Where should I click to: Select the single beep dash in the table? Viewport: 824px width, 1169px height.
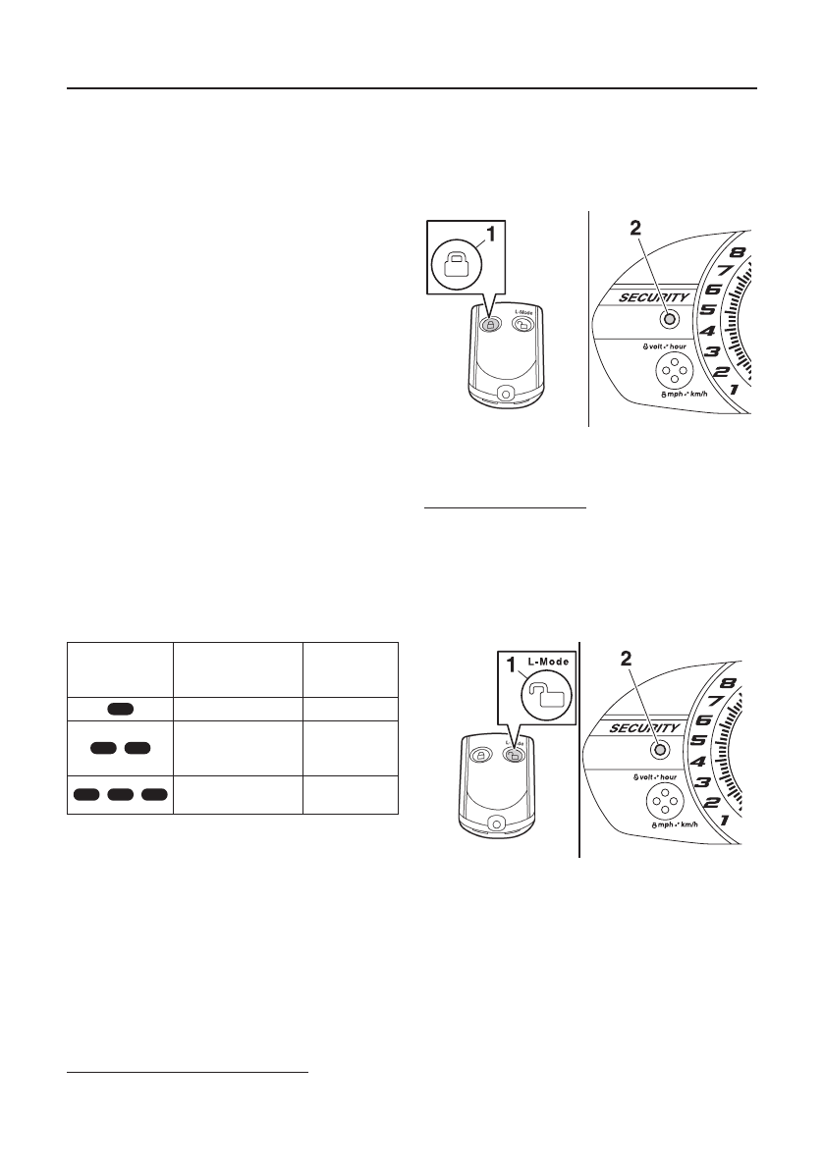tap(120, 708)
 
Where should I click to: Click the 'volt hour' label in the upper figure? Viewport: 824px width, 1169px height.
tap(663, 346)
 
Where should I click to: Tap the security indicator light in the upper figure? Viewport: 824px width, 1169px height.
tap(668, 318)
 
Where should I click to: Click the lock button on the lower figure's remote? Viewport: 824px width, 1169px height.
tap(478, 756)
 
